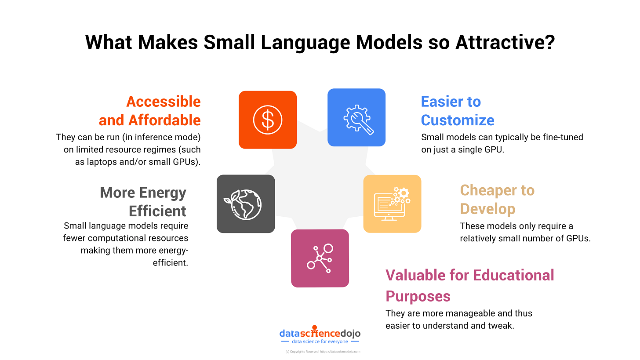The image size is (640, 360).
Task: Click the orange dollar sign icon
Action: click(x=267, y=120)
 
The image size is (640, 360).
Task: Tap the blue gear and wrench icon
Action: click(x=356, y=117)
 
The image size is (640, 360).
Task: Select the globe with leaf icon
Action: click(x=246, y=204)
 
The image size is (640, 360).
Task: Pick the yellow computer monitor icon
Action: click(x=392, y=204)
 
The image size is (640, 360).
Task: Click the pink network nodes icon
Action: click(x=320, y=258)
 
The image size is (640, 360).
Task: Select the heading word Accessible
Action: click(x=164, y=102)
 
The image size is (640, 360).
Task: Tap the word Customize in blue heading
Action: click(x=458, y=120)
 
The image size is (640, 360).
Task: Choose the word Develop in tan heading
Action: click(x=487, y=209)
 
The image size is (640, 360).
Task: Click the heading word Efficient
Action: click(x=158, y=211)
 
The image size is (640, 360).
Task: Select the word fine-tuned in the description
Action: click(x=562, y=137)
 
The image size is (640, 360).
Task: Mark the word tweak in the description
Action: click(x=502, y=326)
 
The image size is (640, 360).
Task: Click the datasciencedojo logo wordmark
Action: click(x=320, y=333)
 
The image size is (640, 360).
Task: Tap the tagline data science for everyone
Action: click(x=320, y=342)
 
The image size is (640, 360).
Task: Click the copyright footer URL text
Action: click(x=340, y=352)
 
